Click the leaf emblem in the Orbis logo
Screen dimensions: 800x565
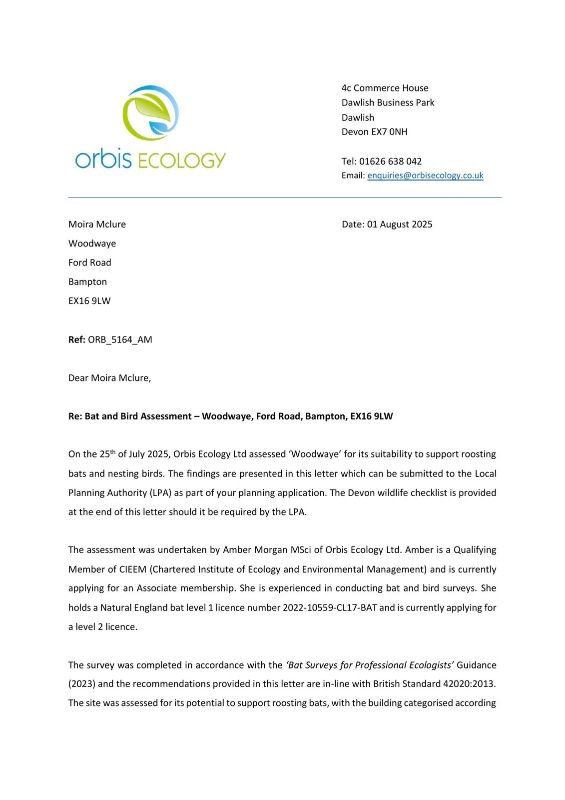[x=150, y=112]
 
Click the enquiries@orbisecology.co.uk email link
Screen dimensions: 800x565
[x=425, y=175]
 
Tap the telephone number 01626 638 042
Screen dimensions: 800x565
[x=390, y=161]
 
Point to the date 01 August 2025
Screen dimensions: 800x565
[x=400, y=224]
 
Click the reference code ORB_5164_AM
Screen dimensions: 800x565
[x=120, y=340]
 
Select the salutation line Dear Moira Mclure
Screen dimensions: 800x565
[x=109, y=378]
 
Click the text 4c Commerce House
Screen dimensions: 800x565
[x=385, y=88]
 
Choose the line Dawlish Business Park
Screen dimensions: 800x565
[x=388, y=103]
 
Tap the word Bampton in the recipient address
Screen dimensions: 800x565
[x=87, y=282]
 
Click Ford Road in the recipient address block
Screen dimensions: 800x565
[x=89, y=263]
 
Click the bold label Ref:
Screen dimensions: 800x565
[x=76, y=340]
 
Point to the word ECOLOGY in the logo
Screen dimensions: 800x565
[x=181, y=161]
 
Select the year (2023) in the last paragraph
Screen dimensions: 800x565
[x=81, y=684]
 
